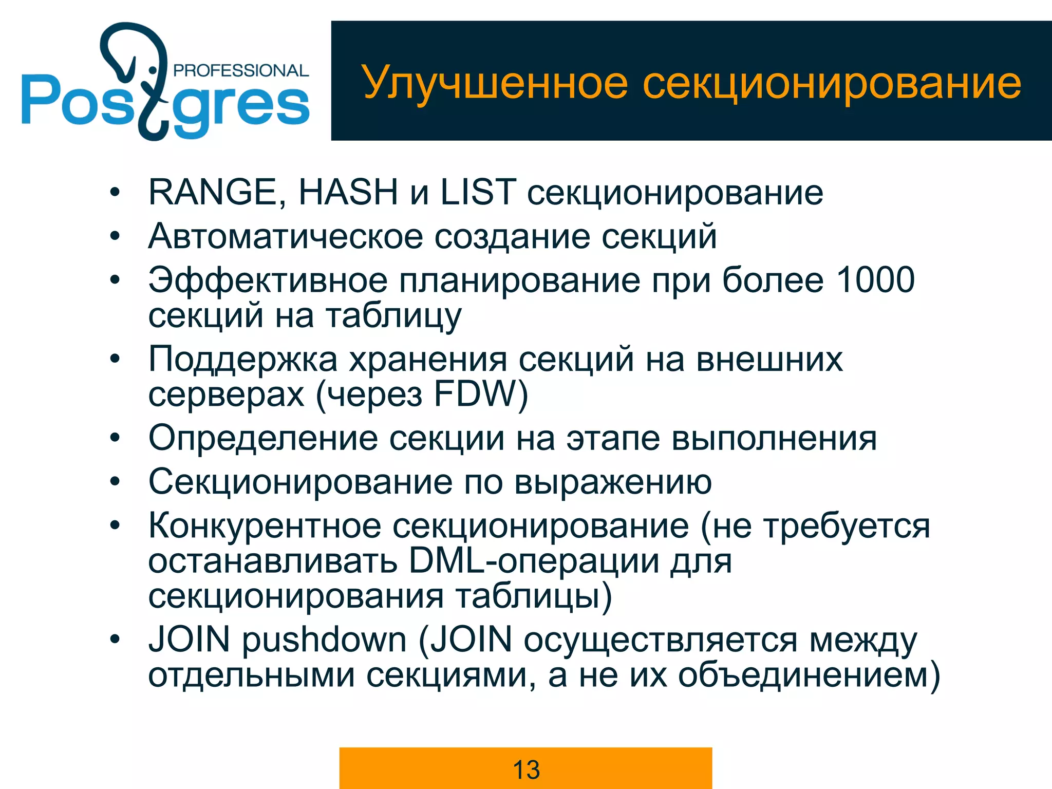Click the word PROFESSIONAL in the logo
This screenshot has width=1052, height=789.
241,70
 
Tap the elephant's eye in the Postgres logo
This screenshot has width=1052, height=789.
152,69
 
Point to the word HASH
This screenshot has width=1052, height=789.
348,192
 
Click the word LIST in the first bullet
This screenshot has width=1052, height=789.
478,192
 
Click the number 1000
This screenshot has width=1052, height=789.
876,280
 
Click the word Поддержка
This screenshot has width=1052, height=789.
243,359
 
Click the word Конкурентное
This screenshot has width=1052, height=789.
265,526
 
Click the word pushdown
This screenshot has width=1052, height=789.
325,640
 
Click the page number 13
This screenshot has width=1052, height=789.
526,769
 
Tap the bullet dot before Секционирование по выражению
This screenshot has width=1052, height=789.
115,482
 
